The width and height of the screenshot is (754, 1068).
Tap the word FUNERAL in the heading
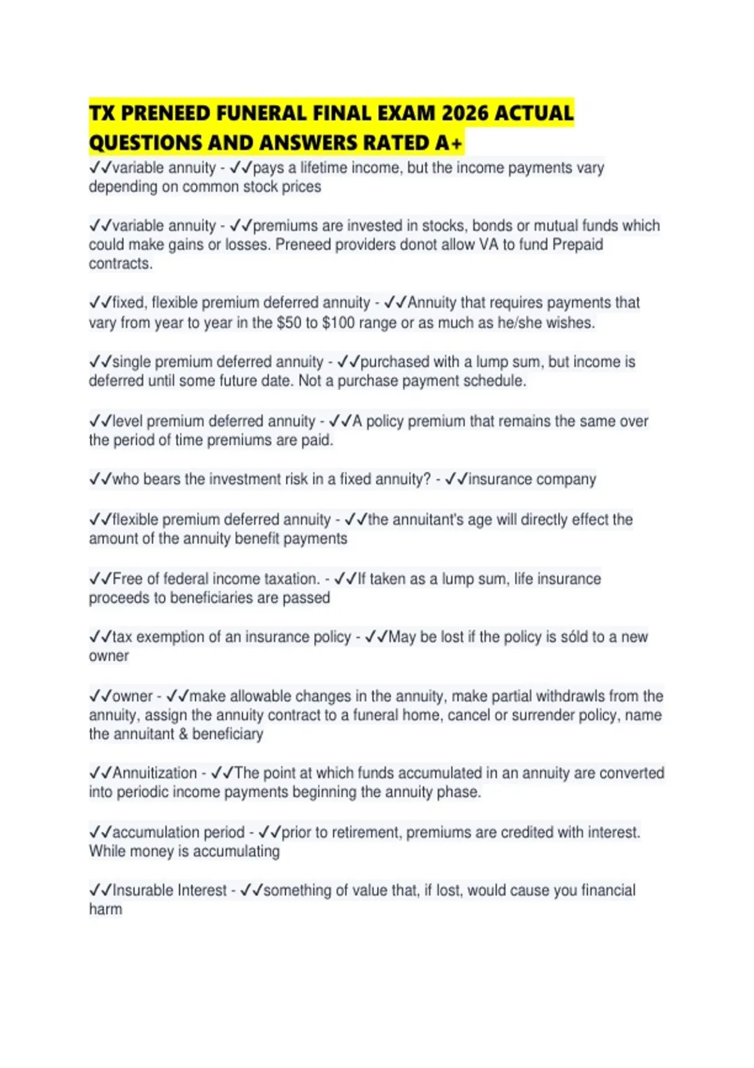point(261,113)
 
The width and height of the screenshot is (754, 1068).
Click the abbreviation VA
point(489,244)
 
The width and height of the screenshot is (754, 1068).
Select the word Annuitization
point(155,773)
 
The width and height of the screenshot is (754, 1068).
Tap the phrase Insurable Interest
point(169,890)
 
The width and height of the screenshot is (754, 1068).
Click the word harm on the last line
point(106,909)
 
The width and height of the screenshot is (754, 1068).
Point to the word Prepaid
point(577,244)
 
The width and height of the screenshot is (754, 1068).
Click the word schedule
point(494,381)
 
